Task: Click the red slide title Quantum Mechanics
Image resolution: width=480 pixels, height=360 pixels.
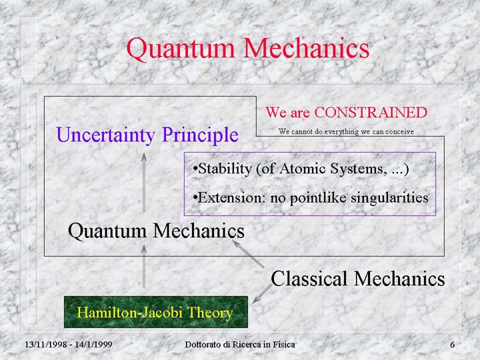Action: [x=247, y=49]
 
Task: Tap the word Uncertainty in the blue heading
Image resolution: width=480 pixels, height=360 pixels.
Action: [x=105, y=135]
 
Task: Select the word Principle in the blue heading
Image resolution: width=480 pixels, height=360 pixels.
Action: [x=200, y=135]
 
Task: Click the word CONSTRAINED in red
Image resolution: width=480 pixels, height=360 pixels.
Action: [x=371, y=113]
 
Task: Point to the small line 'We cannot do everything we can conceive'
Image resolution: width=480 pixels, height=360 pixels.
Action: [x=346, y=131]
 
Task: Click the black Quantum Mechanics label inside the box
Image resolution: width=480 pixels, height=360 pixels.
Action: [x=156, y=231]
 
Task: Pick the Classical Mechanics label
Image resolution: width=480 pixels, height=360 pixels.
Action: [x=357, y=279]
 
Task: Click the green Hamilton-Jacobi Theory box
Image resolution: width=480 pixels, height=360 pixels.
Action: [x=156, y=311]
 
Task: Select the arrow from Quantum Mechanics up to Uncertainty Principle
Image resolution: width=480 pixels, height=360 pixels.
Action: [x=144, y=183]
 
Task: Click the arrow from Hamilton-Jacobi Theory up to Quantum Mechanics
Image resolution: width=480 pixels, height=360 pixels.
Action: [x=144, y=266]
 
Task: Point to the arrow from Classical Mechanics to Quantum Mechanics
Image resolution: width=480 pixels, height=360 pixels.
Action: [x=248, y=255]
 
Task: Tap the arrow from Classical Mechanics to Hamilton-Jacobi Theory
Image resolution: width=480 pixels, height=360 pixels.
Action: [x=262, y=294]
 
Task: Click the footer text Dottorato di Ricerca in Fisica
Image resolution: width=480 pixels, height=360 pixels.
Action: [x=240, y=345]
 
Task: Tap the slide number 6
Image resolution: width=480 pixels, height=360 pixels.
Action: [x=452, y=345]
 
